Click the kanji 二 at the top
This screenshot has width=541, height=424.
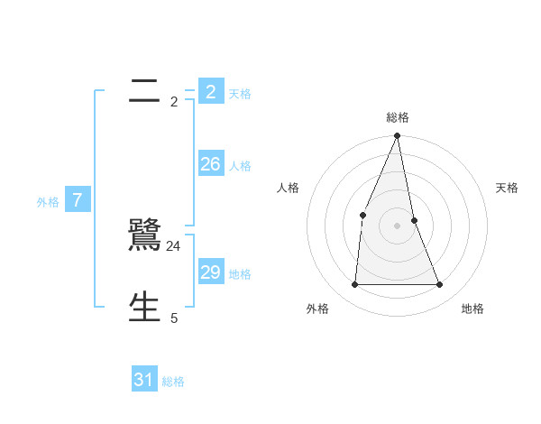click(x=143, y=92)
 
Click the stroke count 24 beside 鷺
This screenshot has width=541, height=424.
click(x=174, y=246)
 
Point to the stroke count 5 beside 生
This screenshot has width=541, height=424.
click(x=174, y=318)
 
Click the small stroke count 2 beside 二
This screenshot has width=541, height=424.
click(x=174, y=102)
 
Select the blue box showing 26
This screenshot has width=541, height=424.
click(x=210, y=164)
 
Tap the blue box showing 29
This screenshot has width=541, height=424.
click(x=210, y=272)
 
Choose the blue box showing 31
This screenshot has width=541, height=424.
click(x=143, y=380)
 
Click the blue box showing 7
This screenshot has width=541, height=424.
click(x=78, y=200)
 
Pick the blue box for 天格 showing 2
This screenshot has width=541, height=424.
click(x=210, y=92)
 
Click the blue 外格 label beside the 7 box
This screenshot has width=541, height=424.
click(x=48, y=202)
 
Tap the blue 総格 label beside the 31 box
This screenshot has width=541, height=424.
click(x=173, y=382)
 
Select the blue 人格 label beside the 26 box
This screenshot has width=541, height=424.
click(x=240, y=166)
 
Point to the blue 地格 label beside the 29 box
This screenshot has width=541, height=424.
click(x=240, y=274)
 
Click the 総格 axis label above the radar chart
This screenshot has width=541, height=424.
click(x=398, y=117)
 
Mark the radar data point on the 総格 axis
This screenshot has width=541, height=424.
click(x=398, y=136)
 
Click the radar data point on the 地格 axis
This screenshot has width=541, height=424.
click(x=440, y=285)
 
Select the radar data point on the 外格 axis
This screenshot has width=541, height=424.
click(x=355, y=285)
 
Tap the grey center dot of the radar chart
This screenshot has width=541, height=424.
click(x=398, y=226)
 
